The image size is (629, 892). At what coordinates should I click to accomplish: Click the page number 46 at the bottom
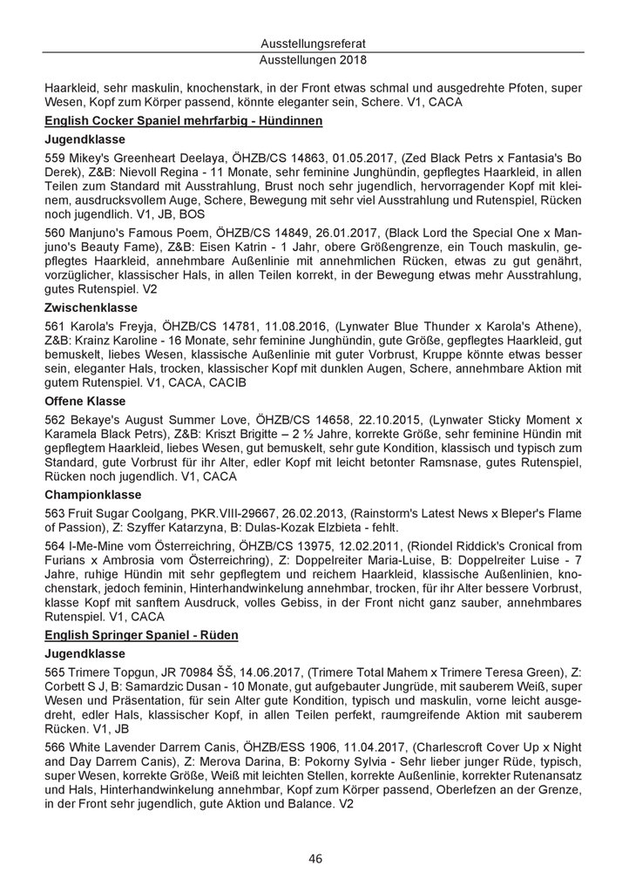(x=314, y=859)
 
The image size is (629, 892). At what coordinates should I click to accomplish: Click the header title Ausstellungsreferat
(x=314, y=44)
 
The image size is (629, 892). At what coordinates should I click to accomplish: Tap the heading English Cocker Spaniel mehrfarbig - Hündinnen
(x=184, y=120)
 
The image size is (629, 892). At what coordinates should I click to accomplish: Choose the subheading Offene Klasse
(x=85, y=401)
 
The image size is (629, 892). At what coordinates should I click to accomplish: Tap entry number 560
(x=54, y=233)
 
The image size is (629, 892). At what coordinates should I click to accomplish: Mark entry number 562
(x=54, y=420)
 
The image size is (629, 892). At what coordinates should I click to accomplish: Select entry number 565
(x=54, y=672)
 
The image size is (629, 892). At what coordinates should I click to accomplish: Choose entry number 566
(x=54, y=748)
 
